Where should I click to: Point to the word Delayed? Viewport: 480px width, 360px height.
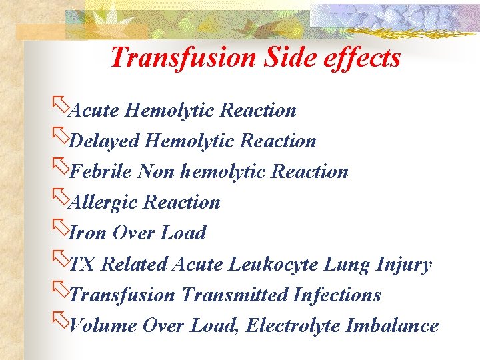click(x=105, y=141)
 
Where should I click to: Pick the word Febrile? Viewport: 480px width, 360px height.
click(x=101, y=171)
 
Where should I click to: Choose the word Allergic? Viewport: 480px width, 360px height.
click(x=105, y=202)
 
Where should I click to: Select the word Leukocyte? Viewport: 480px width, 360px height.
click(x=273, y=264)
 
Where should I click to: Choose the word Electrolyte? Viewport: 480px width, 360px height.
click(x=295, y=325)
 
